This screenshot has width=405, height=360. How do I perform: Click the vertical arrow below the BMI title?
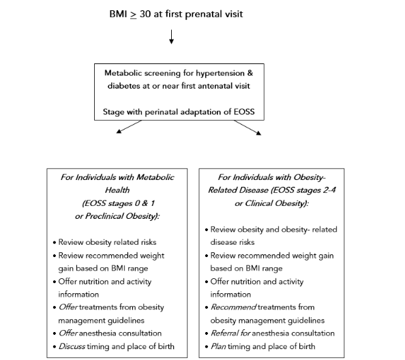(x=171, y=38)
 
